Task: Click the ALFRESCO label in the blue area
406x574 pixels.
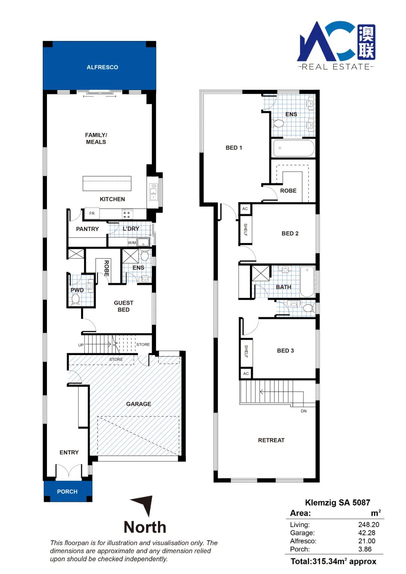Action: point(102,67)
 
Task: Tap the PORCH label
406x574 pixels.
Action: point(67,492)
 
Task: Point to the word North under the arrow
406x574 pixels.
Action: point(145,527)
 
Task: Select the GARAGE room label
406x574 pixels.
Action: point(139,404)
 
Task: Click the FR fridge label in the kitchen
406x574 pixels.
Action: point(92,213)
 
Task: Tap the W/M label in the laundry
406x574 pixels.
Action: point(132,242)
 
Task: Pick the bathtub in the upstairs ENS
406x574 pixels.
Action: point(294,148)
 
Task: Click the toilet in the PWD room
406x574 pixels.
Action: point(75,299)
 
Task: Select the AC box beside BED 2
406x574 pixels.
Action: point(245,209)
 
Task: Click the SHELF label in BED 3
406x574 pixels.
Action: point(246,351)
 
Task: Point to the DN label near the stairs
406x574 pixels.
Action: point(303,411)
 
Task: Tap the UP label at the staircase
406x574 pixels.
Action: point(81,345)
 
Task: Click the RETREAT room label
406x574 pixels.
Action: point(271,440)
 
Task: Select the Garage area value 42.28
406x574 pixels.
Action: point(367,533)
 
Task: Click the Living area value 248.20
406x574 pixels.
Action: point(369,525)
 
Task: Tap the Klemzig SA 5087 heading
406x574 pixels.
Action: point(338,503)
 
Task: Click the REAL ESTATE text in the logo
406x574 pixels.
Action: point(336,67)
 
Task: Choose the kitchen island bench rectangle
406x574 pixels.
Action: point(107,184)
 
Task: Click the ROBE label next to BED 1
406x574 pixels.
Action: point(288,191)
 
